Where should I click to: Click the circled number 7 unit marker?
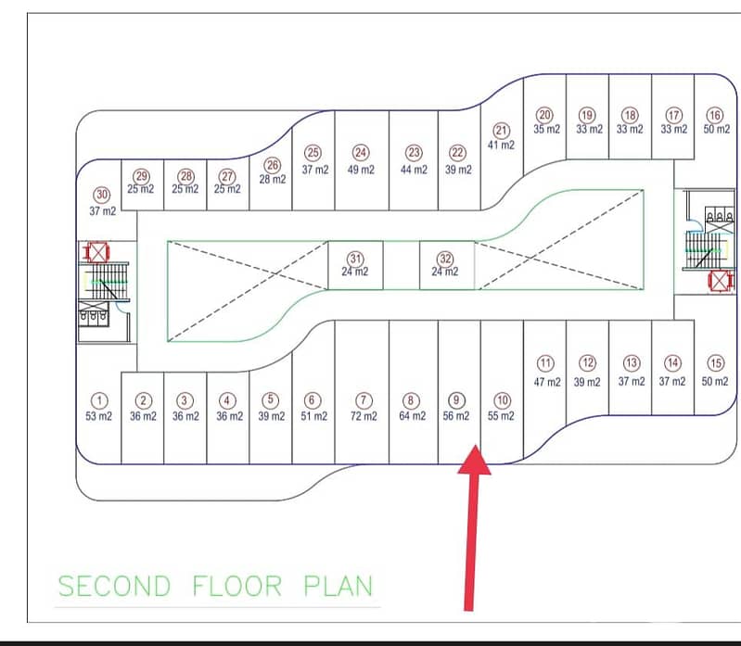[364, 401]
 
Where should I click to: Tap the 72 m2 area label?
[364, 416]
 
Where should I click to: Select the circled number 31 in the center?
[355, 259]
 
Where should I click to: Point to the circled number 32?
[445, 259]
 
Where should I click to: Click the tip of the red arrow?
[476, 445]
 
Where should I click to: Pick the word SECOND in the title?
[114, 586]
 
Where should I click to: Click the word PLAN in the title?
[338, 586]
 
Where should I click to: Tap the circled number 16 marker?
[715, 115]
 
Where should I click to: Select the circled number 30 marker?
[102, 195]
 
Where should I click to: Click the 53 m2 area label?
[98, 416]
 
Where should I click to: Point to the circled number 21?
[501, 131]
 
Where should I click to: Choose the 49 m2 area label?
[361, 169]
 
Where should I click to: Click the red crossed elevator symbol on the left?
[97, 252]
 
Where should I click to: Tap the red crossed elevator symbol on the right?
[720, 282]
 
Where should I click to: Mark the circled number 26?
[273, 165]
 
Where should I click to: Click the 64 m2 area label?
[412, 416]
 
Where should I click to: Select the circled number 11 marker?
[545, 363]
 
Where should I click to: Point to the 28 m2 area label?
[273, 180]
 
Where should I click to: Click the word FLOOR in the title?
[237, 586]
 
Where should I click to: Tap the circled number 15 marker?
[715, 363]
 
